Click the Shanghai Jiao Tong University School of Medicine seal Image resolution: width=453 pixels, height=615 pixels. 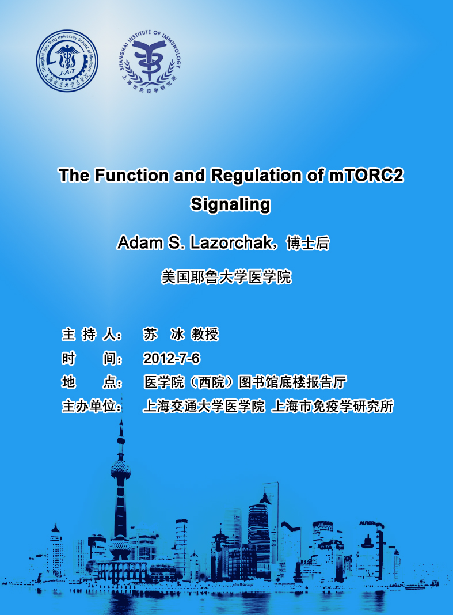click(67, 61)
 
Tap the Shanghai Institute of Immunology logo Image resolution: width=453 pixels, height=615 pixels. click(150, 61)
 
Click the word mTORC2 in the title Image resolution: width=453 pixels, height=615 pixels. click(366, 175)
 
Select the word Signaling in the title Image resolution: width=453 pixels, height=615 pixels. click(231, 204)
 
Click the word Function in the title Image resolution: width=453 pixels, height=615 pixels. click(131, 175)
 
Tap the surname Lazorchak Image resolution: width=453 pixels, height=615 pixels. click(231, 243)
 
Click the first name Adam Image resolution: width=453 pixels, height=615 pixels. click(140, 243)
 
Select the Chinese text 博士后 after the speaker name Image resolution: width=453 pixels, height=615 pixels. click(308, 243)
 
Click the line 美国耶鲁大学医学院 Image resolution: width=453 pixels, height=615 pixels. click(226, 277)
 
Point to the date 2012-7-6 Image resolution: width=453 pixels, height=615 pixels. click(171, 358)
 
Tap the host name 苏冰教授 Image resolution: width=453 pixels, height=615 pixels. click(180, 334)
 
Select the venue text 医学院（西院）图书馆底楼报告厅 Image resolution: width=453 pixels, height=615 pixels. click(245, 382)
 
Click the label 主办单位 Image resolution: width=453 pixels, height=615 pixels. click(92, 406)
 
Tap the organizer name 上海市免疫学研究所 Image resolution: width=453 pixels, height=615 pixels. click(332, 407)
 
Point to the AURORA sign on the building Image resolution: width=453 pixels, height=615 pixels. click(367, 523)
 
